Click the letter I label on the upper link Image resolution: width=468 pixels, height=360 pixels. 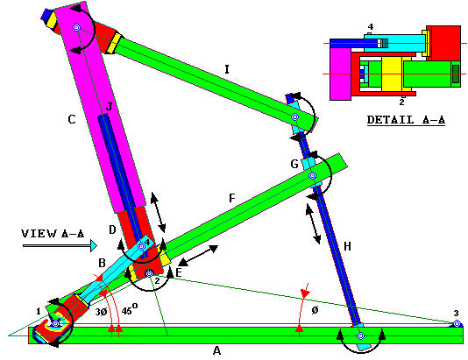coord(227,69)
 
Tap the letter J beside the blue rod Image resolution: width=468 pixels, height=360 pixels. coord(109,107)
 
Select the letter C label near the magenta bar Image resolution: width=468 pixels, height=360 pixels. coord(72,119)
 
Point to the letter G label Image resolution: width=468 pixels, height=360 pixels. coord(294,164)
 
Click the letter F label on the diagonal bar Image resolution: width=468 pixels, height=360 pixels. coord(232,198)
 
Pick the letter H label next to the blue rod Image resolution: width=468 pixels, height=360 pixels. coord(347,246)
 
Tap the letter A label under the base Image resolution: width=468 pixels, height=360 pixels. coord(217,350)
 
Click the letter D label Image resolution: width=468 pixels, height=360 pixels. coord(112,229)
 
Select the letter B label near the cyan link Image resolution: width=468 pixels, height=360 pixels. coord(102,263)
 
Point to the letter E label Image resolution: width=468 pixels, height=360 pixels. coord(179,272)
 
